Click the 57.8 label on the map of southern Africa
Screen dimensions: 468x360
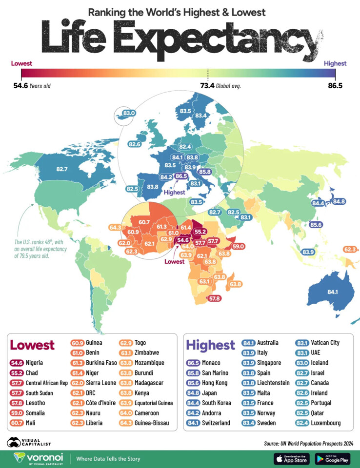pyautogui.click(x=215, y=298)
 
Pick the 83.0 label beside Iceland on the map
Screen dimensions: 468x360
pyautogui.click(x=129, y=114)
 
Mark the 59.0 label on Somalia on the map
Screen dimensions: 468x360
pyautogui.click(x=239, y=247)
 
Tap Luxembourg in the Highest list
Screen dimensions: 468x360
pyautogui.click(x=326, y=423)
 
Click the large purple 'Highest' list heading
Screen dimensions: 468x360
pyautogui.click(x=211, y=345)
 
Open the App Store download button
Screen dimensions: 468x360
pyautogui.click(x=292, y=459)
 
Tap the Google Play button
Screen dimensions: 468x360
pyautogui.click(x=333, y=459)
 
